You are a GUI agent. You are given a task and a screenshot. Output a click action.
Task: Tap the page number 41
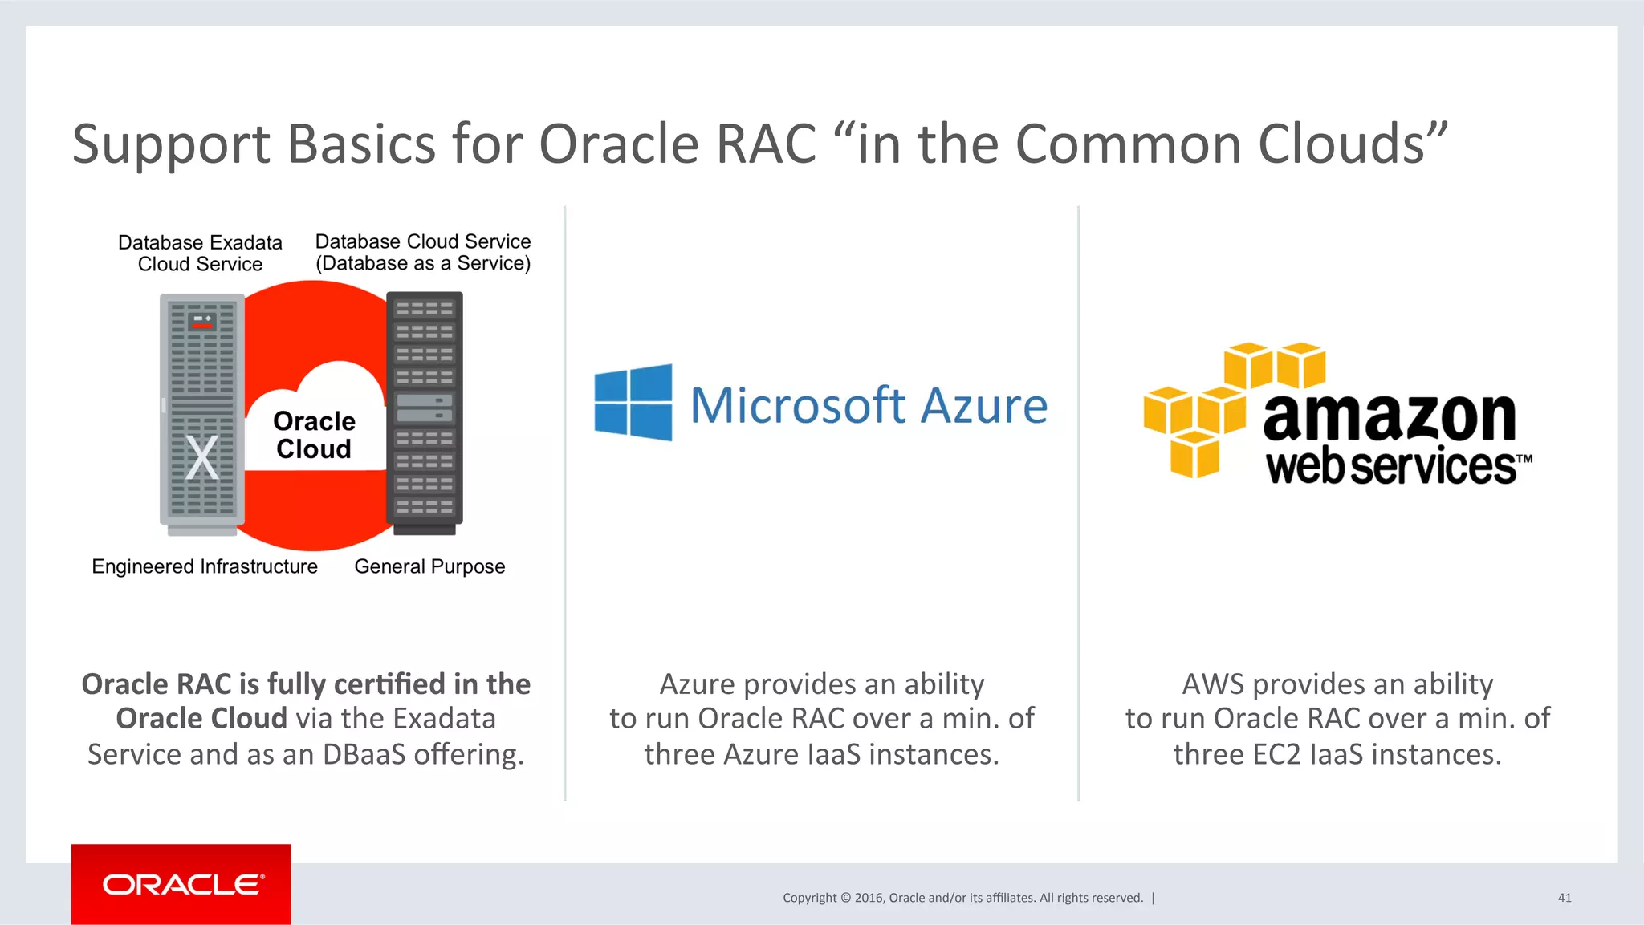click(1564, 898)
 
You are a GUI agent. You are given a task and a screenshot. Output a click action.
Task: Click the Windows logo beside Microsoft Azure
click(633, 402)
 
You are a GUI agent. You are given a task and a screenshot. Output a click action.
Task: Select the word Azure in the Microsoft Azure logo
click(983, 405)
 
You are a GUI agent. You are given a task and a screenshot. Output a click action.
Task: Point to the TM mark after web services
click(1524, 459)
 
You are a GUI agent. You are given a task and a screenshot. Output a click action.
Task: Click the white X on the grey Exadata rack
click(201, 457)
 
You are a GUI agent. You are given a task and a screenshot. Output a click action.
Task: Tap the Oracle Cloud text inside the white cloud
click(314, 435)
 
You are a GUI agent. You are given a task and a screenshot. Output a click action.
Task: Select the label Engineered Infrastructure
click(205, 566)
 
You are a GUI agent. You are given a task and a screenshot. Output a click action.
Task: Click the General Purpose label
click(429, 566)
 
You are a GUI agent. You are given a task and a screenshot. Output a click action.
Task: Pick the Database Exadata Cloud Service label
click(200, 253)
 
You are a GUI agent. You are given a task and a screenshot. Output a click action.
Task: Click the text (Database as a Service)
click(423, 263)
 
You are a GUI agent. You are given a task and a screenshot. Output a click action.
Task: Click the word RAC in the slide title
click(765, 144)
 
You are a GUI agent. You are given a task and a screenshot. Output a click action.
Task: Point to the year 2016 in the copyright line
click(869, 898)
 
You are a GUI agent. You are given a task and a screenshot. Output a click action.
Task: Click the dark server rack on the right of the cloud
click(425, 409)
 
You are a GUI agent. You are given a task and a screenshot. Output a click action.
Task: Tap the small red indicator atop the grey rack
click(202, 326)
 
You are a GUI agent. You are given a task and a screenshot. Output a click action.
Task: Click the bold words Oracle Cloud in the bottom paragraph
click(201, 718)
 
